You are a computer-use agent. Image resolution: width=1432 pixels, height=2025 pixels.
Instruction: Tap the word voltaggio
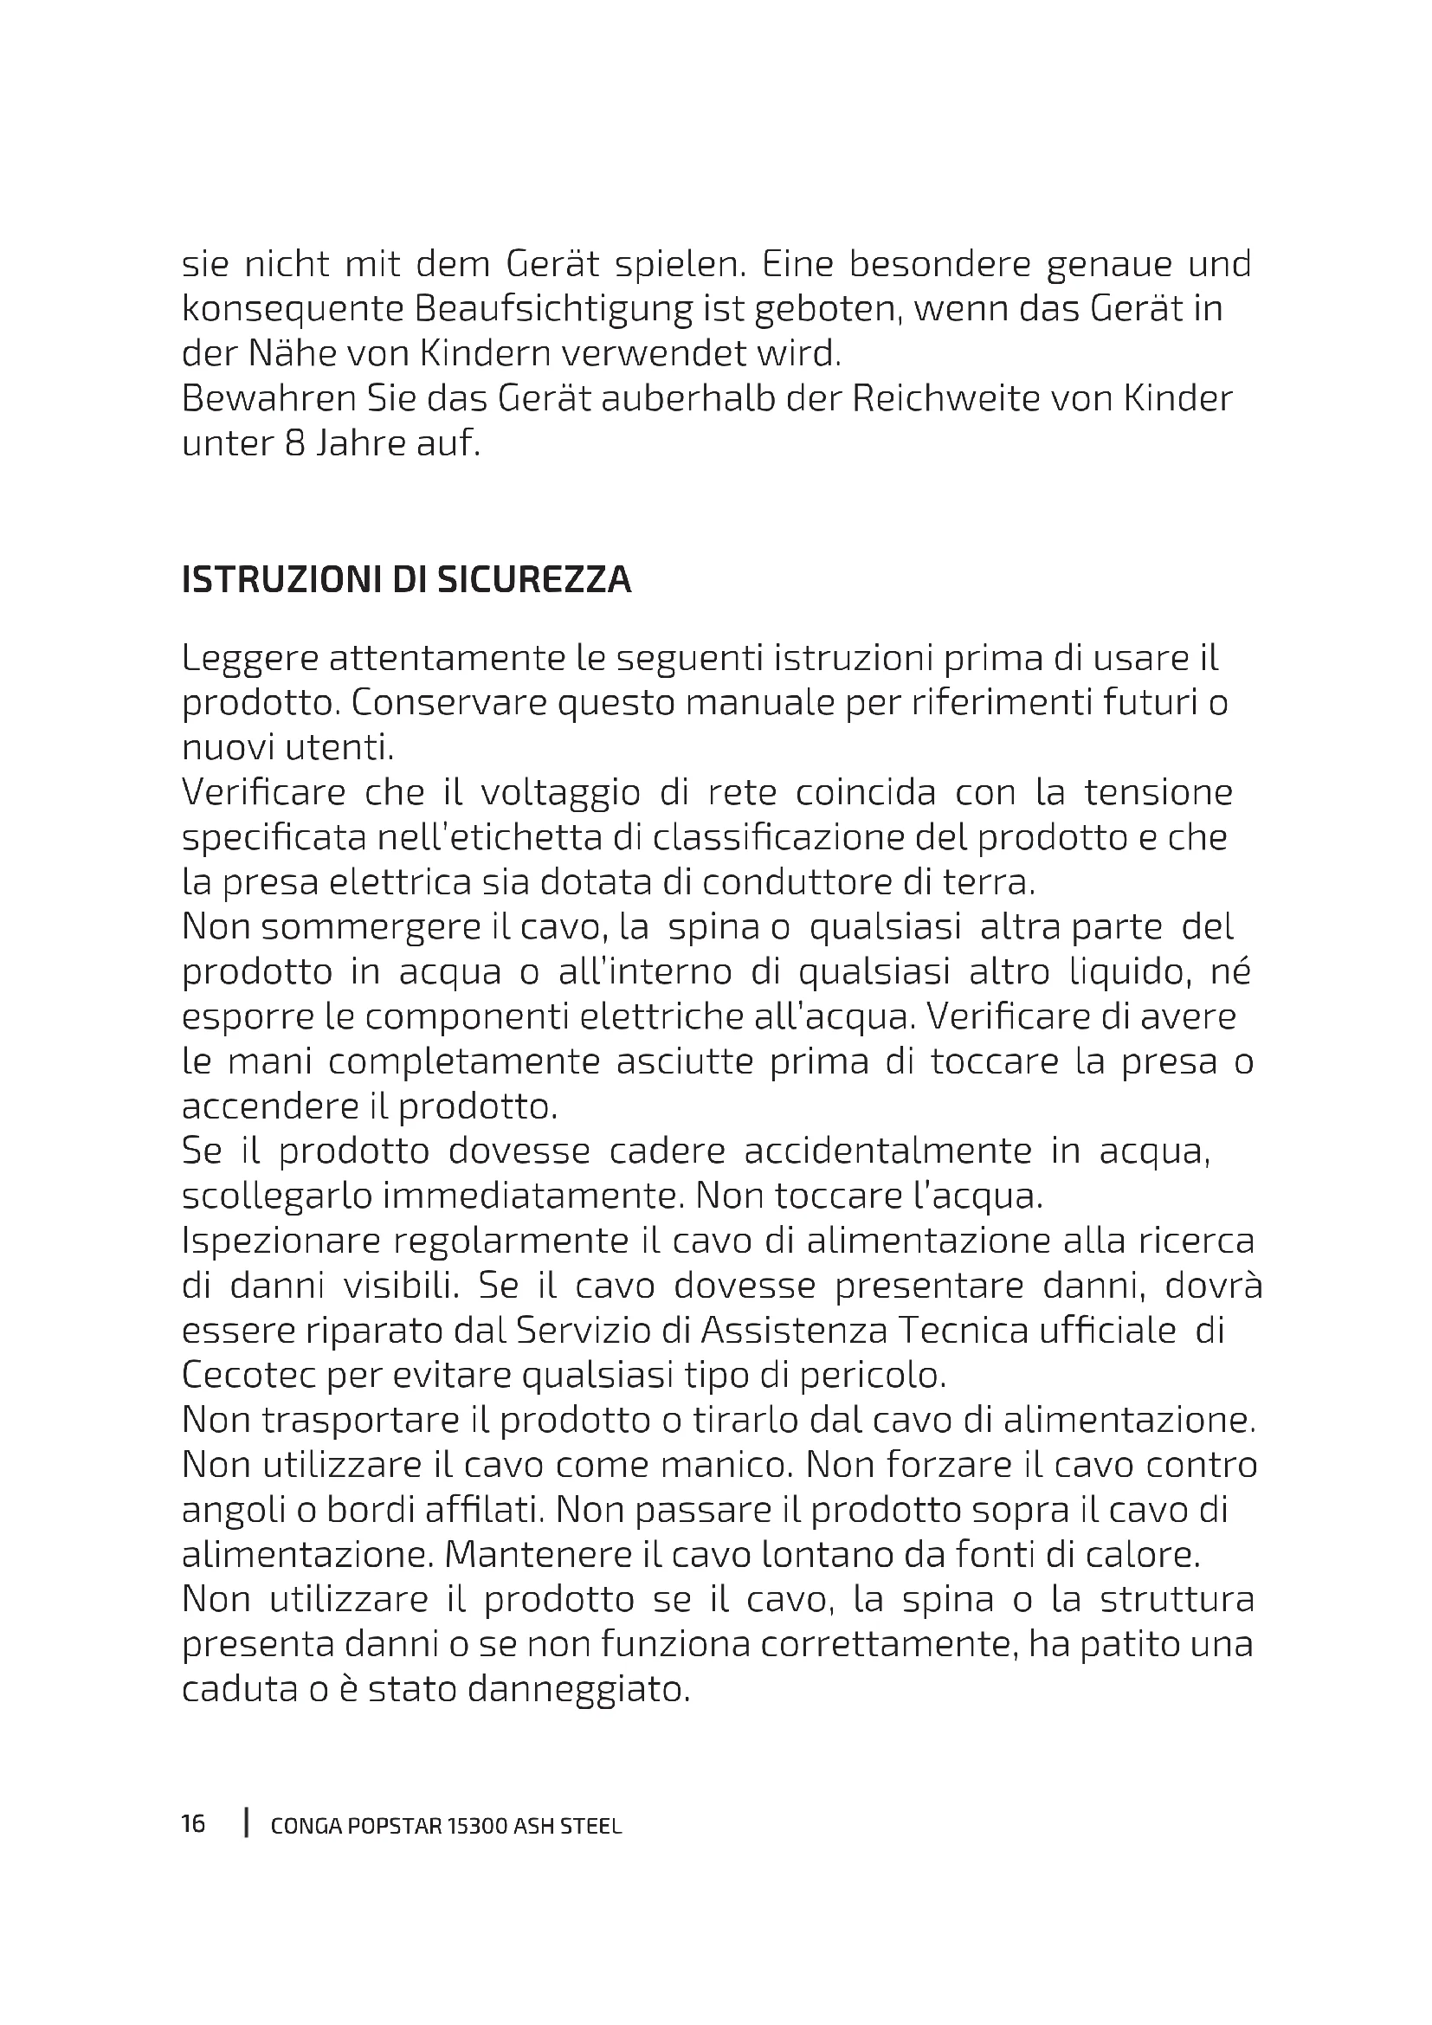560,792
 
